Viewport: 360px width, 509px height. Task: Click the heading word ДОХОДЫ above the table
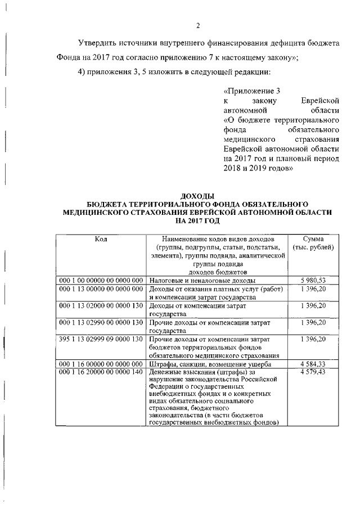tap(198, 195)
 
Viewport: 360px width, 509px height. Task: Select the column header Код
tap(101, 239)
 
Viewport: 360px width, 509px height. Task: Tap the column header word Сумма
tap(313, 239)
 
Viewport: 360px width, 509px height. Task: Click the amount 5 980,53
tap(313, 280)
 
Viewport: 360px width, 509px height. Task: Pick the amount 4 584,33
tap(313, 364)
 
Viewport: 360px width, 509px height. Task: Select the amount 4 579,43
tap(313, 372)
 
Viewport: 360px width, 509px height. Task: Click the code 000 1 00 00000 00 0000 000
tap(101, 280)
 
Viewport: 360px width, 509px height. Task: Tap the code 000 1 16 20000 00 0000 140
tap(101, 372)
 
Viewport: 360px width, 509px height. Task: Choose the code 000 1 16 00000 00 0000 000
tap(101, 364)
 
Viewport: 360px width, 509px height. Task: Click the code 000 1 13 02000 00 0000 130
tap(101, 305)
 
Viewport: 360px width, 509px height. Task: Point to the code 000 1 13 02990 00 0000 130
tap(101, 322)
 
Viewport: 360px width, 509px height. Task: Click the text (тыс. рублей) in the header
tap(313, 247)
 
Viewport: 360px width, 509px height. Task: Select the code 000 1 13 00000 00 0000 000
tap(101, 289)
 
